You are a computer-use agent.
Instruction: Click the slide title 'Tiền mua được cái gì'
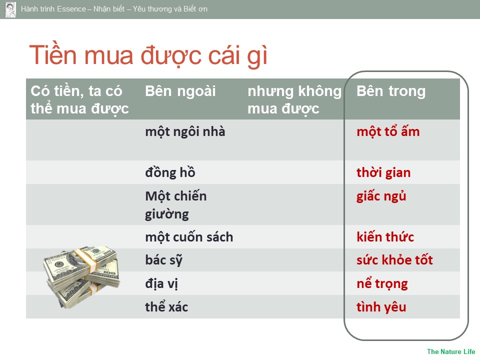pos(148,55)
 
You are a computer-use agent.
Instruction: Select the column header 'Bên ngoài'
pos(180,91)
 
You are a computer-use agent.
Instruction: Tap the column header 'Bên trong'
pos(391,91)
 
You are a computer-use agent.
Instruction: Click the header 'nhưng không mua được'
pos(294,100)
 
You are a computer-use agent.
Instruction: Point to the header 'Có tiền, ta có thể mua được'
pos(79,100)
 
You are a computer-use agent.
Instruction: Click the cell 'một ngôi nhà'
pos(185,132)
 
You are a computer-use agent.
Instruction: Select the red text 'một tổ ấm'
pos(388,131)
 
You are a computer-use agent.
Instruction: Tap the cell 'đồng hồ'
pos(170,172)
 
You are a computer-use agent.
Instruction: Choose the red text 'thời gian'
pos(383,173)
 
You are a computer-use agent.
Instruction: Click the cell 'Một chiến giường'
pos(176,205)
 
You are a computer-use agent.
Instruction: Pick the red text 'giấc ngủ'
pos(381,196)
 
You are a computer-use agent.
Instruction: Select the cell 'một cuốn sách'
pos(189,237)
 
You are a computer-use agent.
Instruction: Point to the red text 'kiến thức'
pos(385,237)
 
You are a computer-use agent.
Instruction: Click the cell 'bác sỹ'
pos(164,260)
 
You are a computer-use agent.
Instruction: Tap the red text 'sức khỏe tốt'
pos(395,260)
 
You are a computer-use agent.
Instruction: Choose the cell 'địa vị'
pos(161,284)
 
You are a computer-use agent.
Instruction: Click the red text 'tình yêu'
pos(381,307)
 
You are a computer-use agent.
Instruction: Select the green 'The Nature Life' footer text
pos(451,351)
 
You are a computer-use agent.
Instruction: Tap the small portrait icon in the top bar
pos(10,9)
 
